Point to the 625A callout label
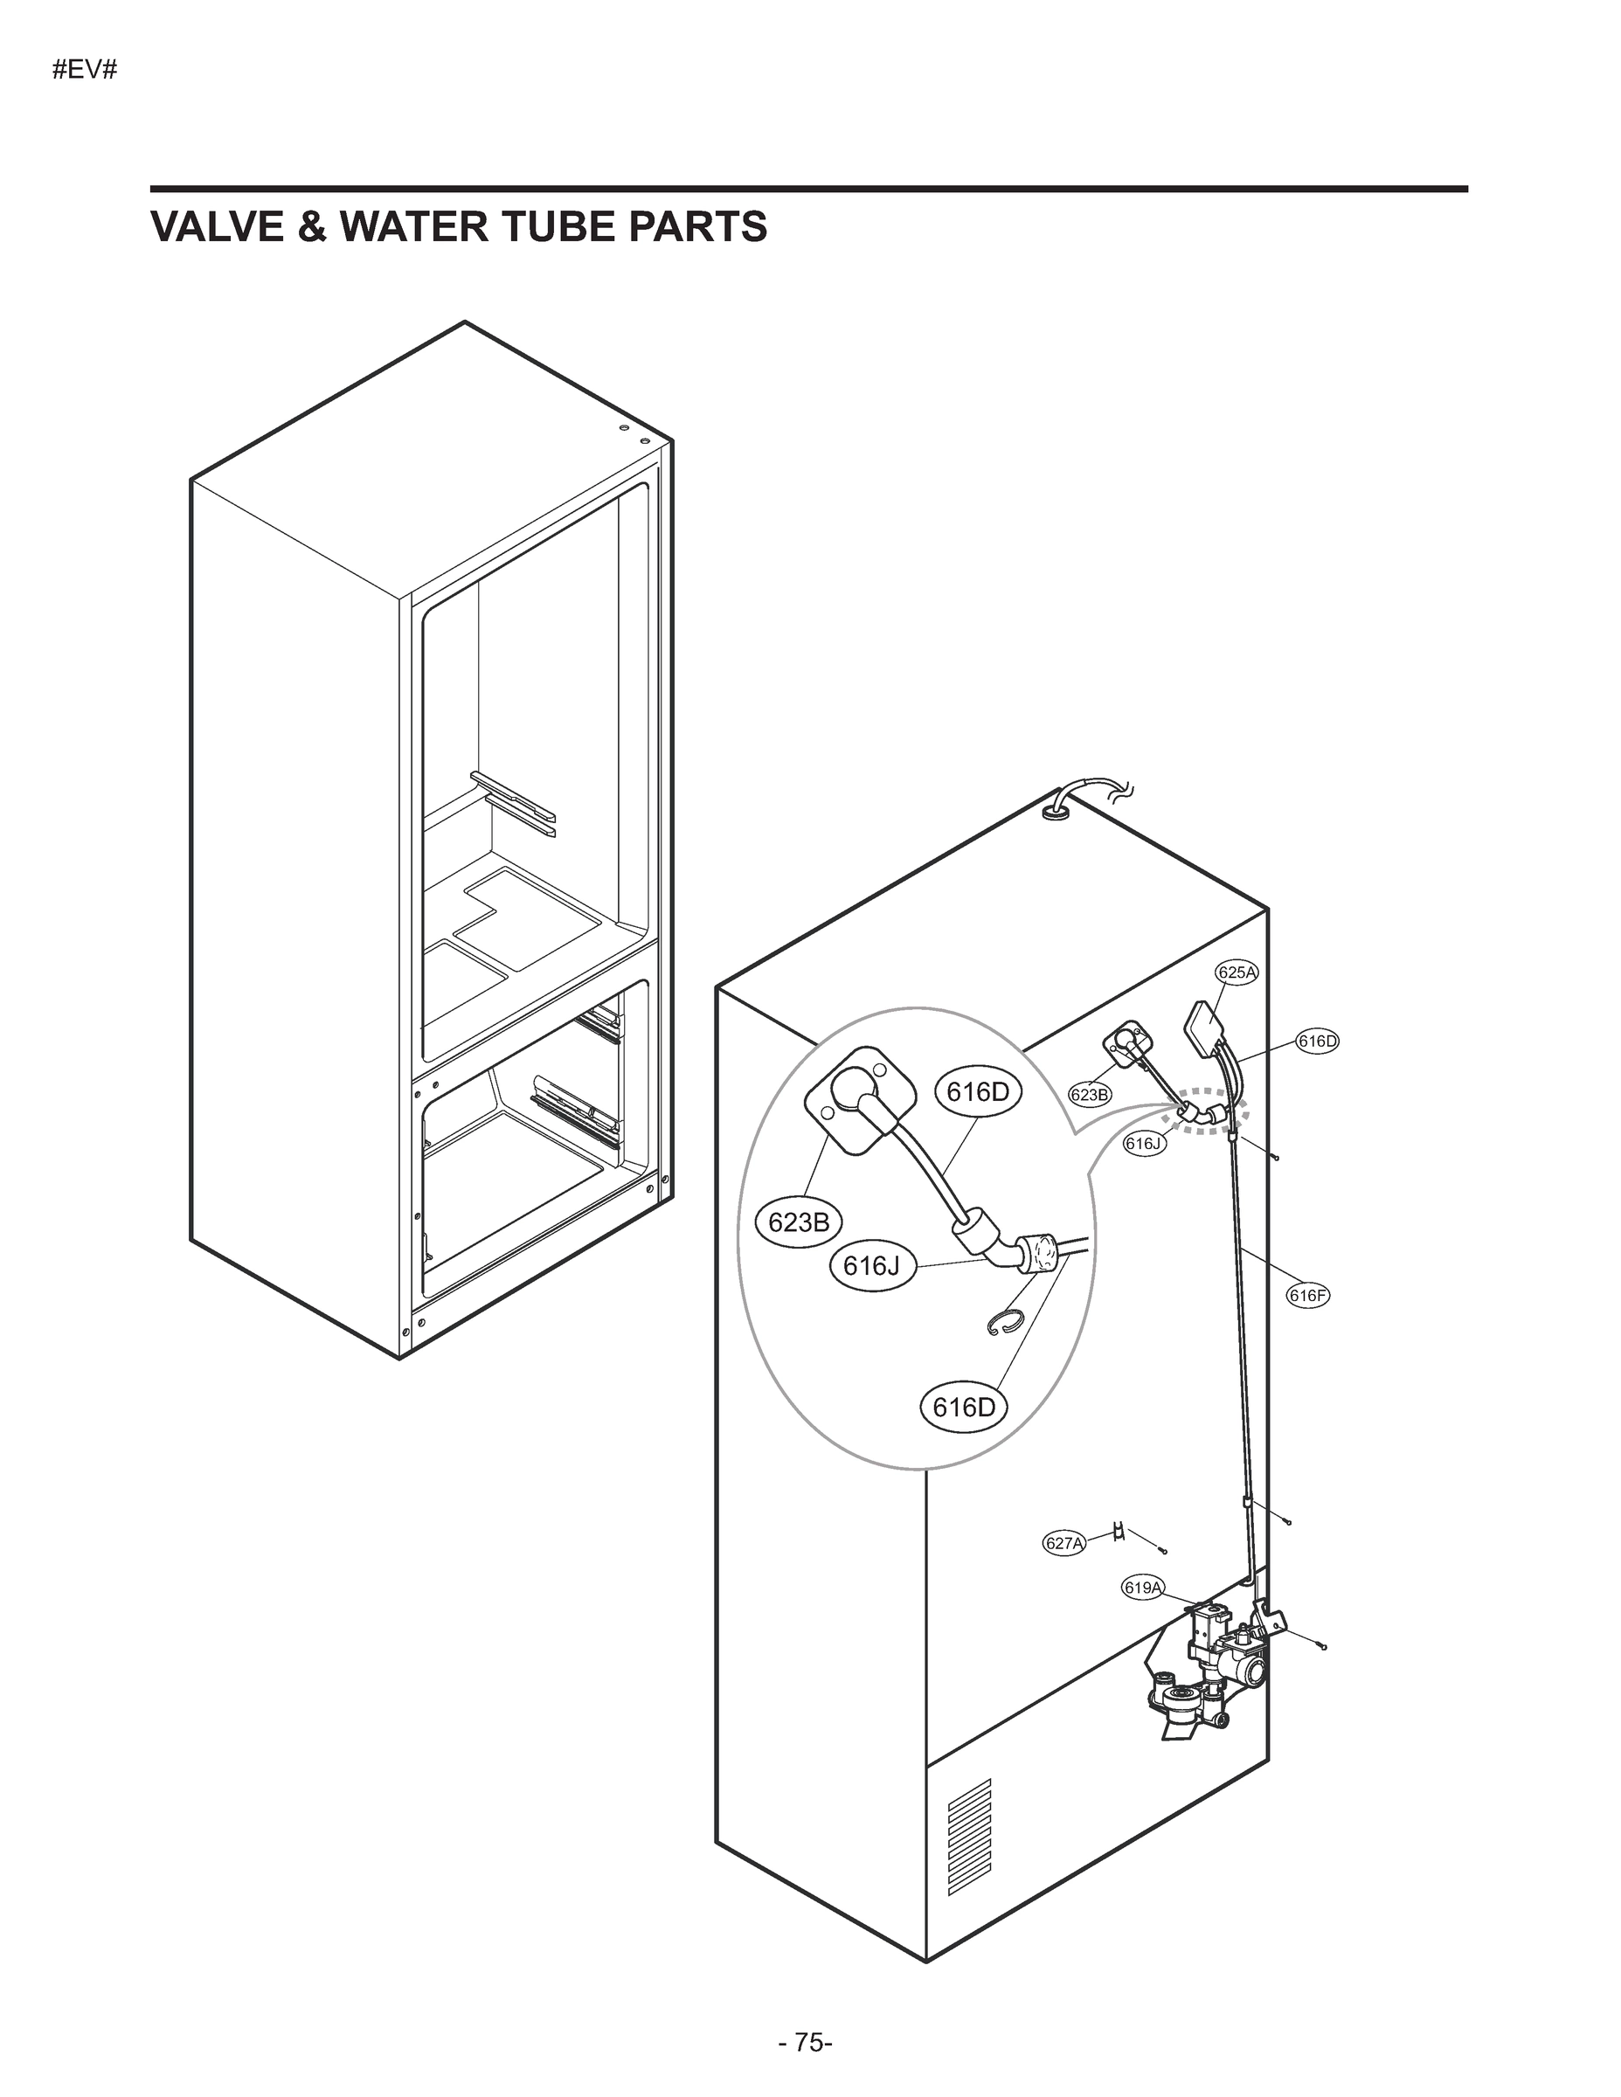[x=1237, y=972]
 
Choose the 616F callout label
[x=1308, y=1295]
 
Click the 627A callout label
[x=1064, y=1543]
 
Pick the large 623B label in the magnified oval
[x=799, y=1222]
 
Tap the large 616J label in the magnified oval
[x=872, y=1266]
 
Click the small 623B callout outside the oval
[x=1090, y=1094]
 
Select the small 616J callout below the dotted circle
[x=1145, y=1144]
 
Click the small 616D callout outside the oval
[x=1318, y=1041]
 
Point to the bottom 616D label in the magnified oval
[x=964, y=1408]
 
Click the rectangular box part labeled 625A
[x=1202, y=1028]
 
